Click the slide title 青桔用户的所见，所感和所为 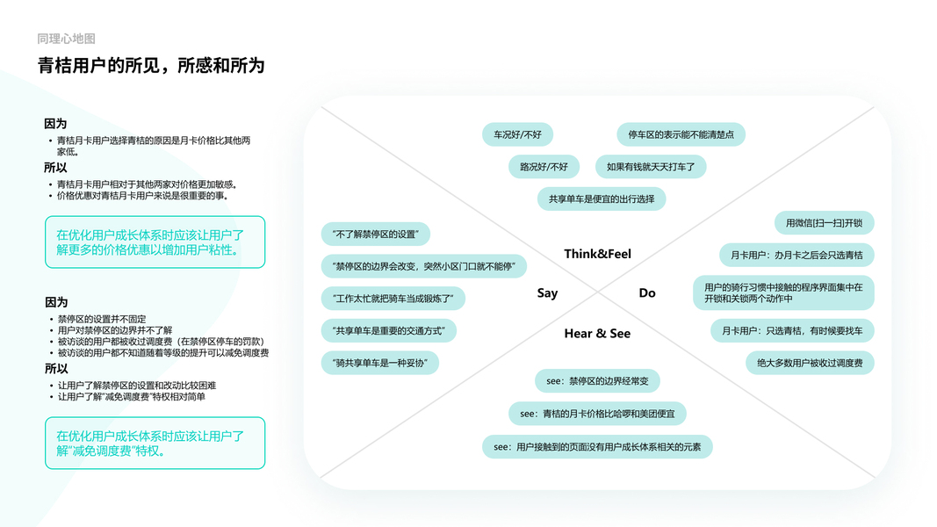click(150, 66)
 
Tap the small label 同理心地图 click(66, 39)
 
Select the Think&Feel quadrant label click(597, 254)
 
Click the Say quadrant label click(547, 293)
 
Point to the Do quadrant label click(647, 293)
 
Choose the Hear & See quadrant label click(597, 334)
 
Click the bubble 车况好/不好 click(517, 134)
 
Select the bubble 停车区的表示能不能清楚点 click(681, 134)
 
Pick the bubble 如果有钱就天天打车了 click(650, 167)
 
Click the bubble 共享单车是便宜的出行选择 click(602, 199)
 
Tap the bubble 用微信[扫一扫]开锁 click(824, 223)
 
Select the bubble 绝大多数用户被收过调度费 click(809, 363)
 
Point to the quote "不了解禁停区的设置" click(375, 235)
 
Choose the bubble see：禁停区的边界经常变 click(597, 381)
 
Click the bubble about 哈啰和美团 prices click(597, 414)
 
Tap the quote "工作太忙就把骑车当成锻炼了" click(393, 299)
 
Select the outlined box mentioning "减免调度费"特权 click(155, 444)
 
